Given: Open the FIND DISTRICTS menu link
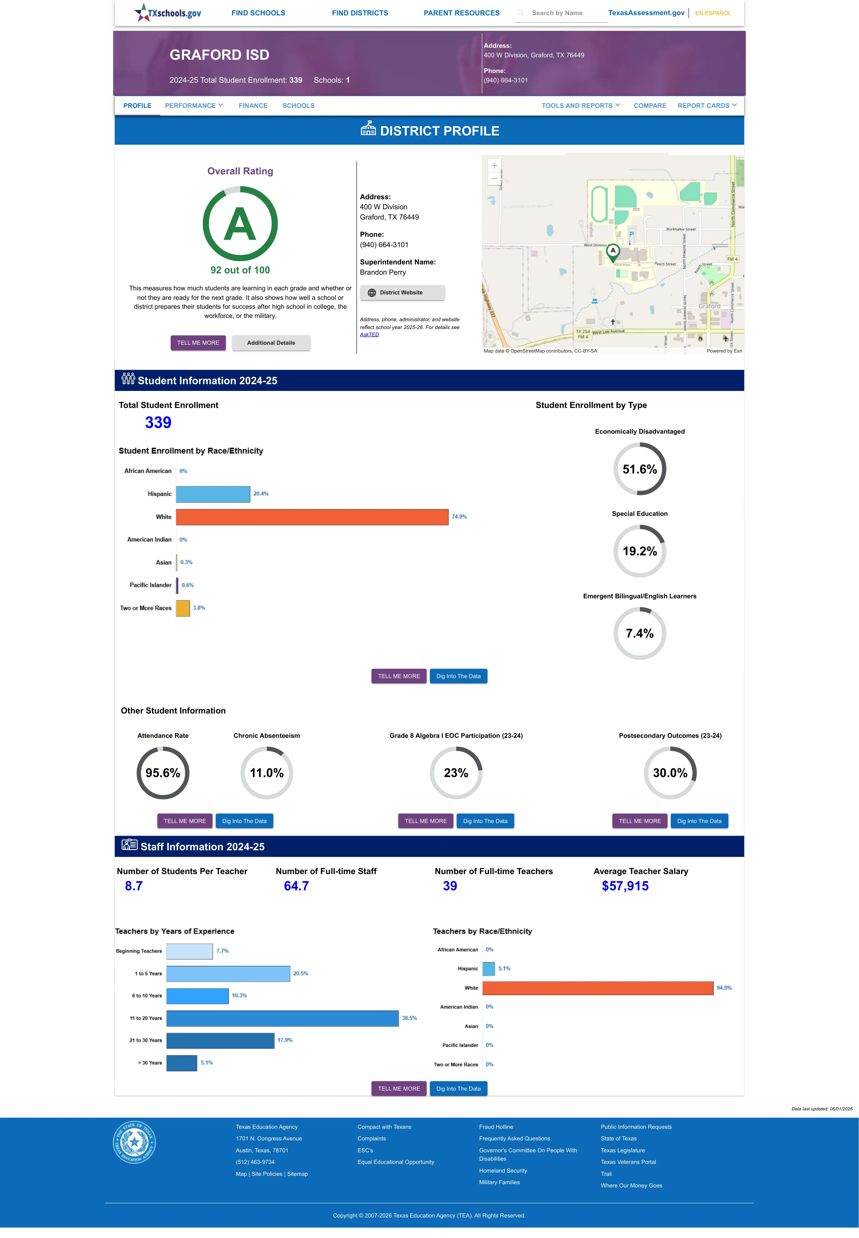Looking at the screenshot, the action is (360, 13).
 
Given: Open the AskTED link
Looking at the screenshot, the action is (369, 335).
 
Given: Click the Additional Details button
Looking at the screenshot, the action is (271, 343).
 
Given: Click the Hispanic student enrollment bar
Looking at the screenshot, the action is (213, 494).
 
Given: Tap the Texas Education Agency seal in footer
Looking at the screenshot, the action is (134, 1142).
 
